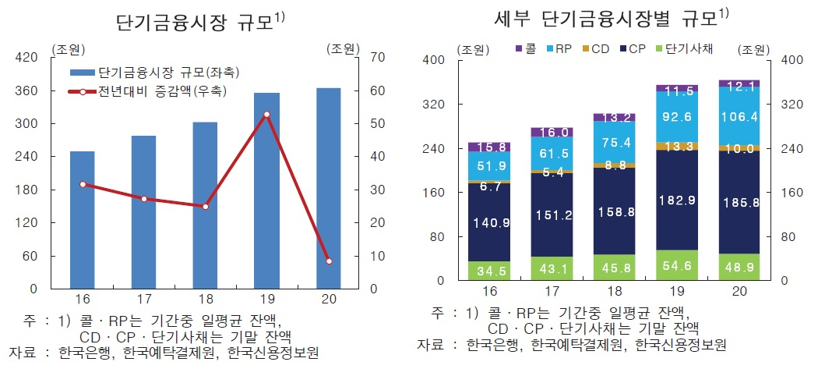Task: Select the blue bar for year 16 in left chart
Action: (83, 220)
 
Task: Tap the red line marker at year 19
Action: (266, 115)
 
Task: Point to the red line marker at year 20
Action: (328, 261)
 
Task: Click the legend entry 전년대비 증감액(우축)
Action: (148, 92)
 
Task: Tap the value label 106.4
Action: (739, 118)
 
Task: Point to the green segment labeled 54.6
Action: (677, 265)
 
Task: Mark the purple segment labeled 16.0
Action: (552, 132)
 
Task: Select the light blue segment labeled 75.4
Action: (614, 142)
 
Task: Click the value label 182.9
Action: (677, 200)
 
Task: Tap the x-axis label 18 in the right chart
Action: (614, 292)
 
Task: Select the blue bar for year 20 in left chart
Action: (328, 188)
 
